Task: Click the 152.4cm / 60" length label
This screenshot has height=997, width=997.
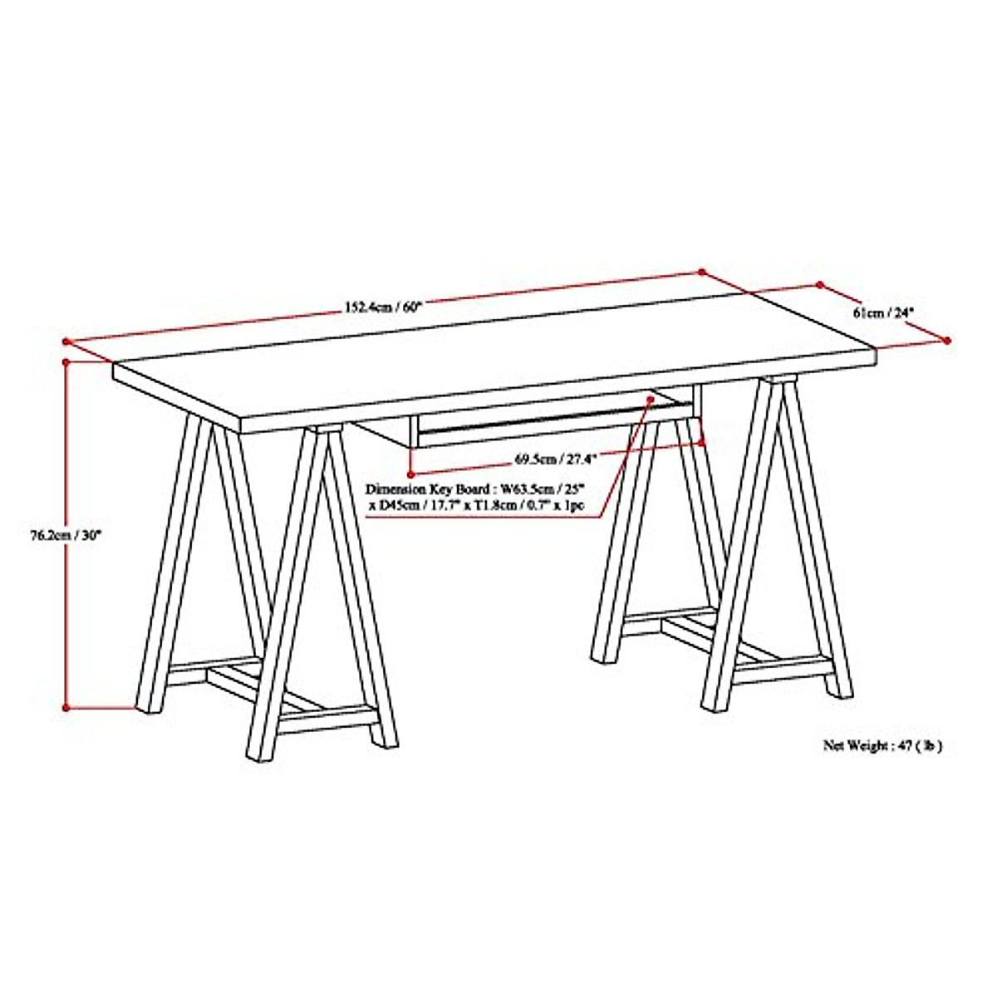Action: coord(384,306)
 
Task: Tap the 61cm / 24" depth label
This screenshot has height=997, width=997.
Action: coord(883,312)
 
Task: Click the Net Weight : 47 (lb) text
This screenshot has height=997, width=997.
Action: coord(882,745)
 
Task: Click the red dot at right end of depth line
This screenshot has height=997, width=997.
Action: coord(947,340)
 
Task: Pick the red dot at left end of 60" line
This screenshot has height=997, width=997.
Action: coord(66,341)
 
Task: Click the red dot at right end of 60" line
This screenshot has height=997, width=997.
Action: coord(701,271)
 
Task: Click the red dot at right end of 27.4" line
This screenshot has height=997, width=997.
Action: coord(703,443)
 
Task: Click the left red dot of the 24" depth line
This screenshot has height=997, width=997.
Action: coord(820,285)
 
